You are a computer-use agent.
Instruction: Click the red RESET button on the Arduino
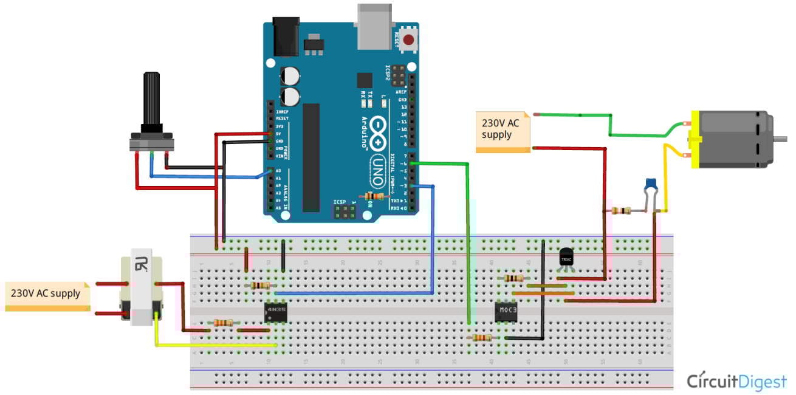click(409, 41)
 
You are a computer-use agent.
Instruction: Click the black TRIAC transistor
click(566, 256)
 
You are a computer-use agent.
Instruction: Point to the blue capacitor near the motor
click(651, 182)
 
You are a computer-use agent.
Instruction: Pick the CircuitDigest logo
click(736, 382)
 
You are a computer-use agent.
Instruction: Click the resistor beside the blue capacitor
click(620, 211)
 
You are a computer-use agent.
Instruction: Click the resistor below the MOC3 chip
click(482, 337)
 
